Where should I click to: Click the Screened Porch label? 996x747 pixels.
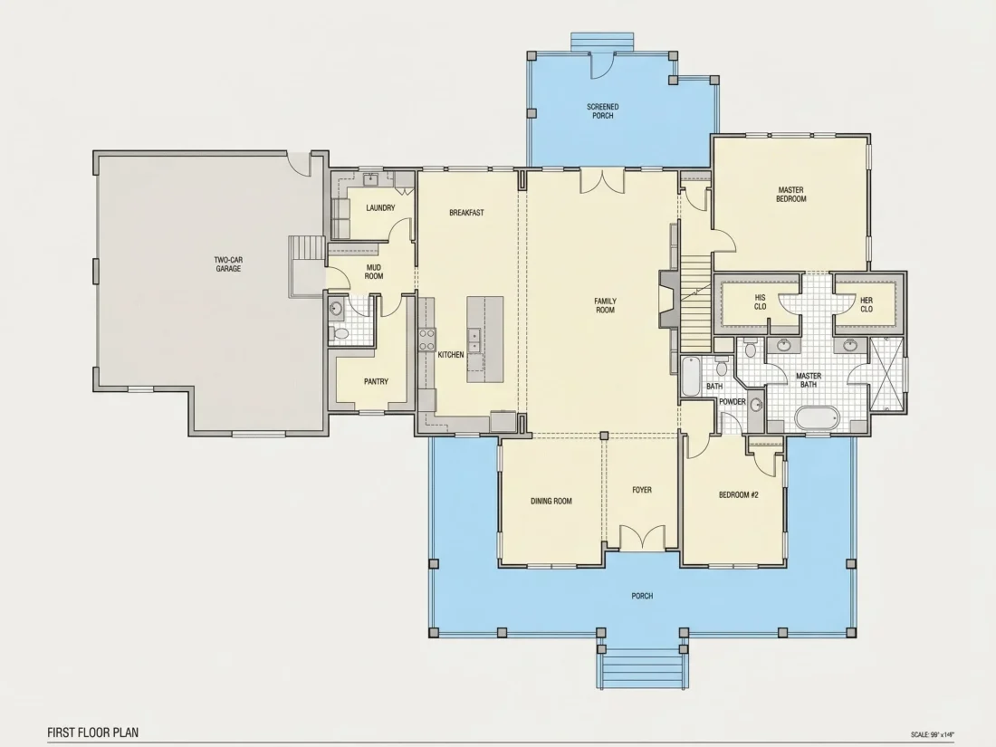[603, 111]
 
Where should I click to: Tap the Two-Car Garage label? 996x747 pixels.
[228, 264]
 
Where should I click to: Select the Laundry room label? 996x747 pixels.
[380, 207]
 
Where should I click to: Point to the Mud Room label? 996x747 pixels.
[373, 272]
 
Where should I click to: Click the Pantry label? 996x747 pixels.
[376, 382]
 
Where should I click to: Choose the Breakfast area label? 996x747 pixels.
[466, 213]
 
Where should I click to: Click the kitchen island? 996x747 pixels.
[485, 340]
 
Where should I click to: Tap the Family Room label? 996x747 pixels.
[606, 305]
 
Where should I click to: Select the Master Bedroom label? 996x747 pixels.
[790, 195]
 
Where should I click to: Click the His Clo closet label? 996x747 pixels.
[761, 302]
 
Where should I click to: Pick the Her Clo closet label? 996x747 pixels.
[867, 305]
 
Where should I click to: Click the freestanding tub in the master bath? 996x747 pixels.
[817, 419]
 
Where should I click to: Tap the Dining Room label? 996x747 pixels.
[551, 502]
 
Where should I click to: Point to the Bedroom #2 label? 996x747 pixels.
[739, 494]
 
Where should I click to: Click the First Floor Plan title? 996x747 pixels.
[92, 733]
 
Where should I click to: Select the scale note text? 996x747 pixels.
[932, 734]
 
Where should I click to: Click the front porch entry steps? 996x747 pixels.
[642, 668]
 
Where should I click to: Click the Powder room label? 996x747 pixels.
[732, 402]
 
